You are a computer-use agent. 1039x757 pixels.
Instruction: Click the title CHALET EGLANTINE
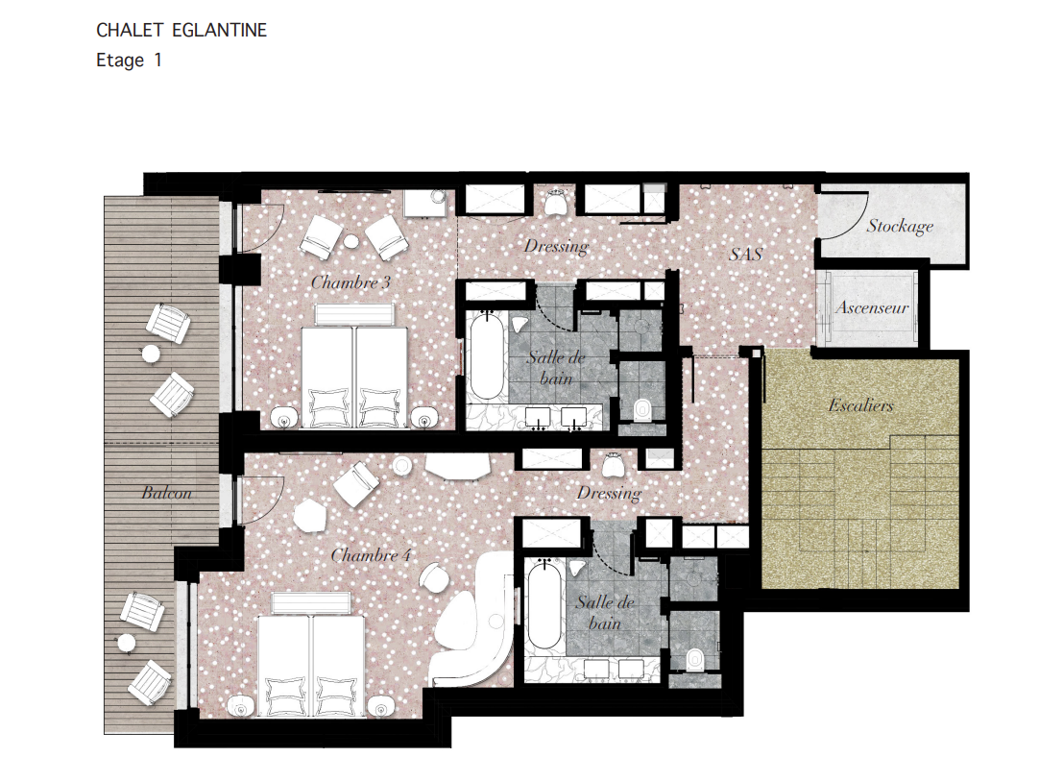pyautogui.click(x=181, y=31)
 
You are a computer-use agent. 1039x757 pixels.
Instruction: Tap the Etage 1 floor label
pyautogui.click(x=129, y=60)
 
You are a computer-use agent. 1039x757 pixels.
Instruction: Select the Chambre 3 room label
pyautogui.click(x=350, y=282)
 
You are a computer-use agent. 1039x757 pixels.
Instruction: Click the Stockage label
pyautogui.click(x=900, y=227)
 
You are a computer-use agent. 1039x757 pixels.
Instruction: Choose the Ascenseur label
pyautogui.click(x=872, y=307)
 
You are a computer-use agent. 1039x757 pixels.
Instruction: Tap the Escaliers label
pyautogui.click(x=860, y=405)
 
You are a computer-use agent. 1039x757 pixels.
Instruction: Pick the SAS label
pyautogui.click(x=746, y=256)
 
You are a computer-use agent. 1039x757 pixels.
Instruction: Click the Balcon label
pyautogui.click(x=166, y=493)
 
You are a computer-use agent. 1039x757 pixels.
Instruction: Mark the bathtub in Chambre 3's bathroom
pyautogui.click(x=486, y=357)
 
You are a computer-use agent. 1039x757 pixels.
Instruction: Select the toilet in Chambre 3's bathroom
pyautogui.click(x=642, y=409)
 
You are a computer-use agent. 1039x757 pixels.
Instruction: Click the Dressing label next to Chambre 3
pyautogui.click(x=556, y=246)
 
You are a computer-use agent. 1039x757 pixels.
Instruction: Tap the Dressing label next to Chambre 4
pyautogui.click(x=609, y=493)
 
